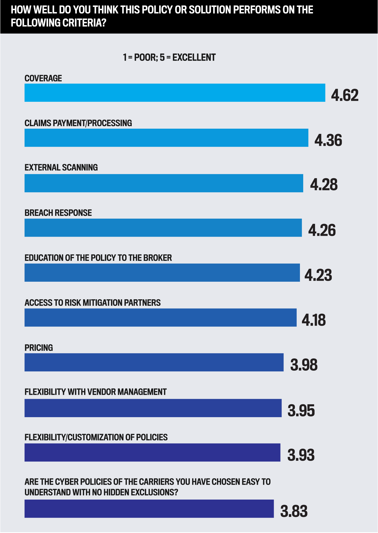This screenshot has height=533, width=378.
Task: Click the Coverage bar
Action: tap(175, 93)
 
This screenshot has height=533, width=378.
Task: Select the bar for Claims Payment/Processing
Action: tap(166, 138)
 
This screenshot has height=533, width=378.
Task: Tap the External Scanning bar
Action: tap(164, 183)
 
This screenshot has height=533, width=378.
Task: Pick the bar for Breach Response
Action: tap(163, 228)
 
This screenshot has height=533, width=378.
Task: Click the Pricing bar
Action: tap(154, 362)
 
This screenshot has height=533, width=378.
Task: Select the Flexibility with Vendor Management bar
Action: tap(153, 408)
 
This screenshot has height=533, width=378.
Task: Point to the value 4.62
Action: tap(345, 95)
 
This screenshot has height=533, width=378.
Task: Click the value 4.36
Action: tap(328, 140)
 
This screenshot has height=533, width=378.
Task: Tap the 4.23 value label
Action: tap(318, 275)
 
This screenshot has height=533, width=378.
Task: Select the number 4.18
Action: tap(314, 320)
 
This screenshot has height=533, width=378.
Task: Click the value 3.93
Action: tap(301, 455)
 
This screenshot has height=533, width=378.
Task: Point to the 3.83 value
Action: tap(294, 511)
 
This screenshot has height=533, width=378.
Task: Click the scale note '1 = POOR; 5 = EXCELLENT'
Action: tap(169, 58)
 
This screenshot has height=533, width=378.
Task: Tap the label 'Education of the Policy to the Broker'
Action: tap(98, 258)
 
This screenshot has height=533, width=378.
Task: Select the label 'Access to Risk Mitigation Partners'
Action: tap(92, 303)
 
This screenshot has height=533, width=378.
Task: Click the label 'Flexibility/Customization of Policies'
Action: tap(96, 437)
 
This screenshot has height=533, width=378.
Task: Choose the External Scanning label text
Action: tap(61, 168)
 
